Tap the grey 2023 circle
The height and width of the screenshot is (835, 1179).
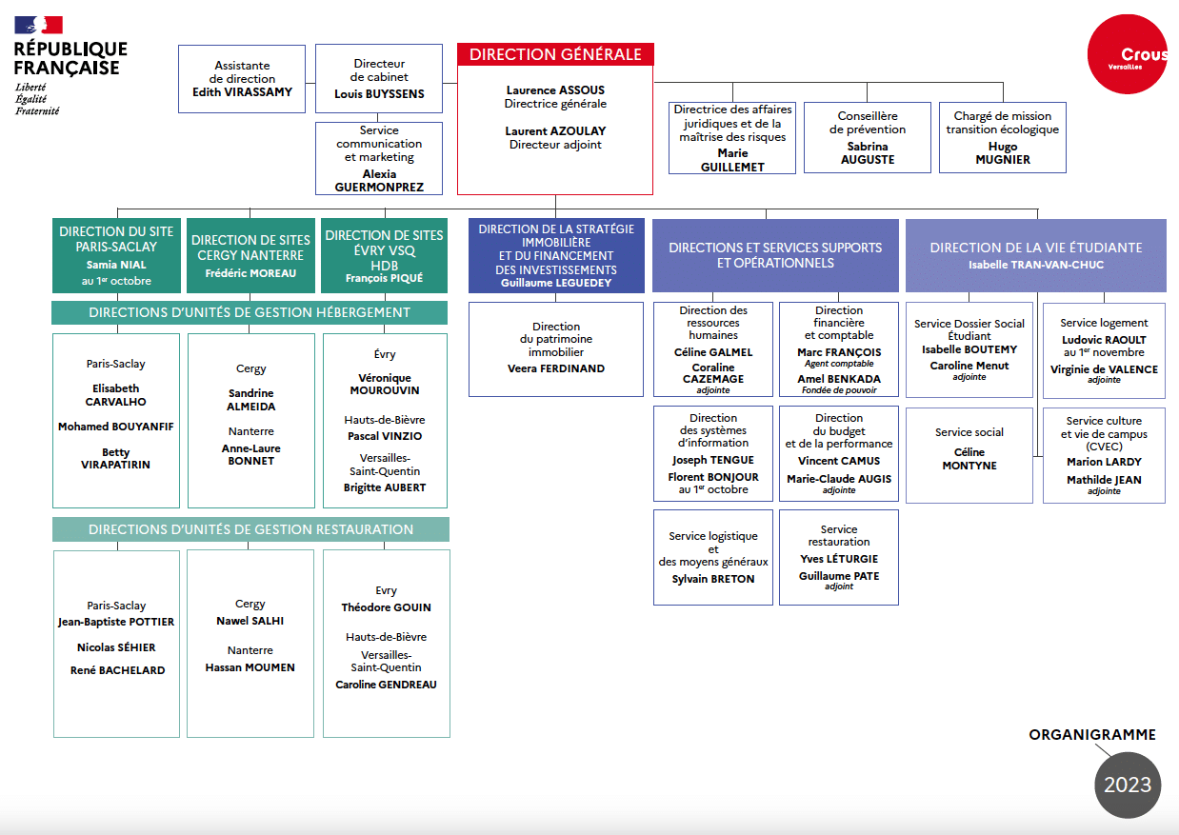[1128, 785]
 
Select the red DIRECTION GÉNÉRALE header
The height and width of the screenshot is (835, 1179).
[555, 54]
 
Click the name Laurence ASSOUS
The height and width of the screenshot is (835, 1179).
[555, 90]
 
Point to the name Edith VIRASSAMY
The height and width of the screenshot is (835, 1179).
[242, 92]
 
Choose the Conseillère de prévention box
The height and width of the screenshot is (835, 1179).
[868, 137]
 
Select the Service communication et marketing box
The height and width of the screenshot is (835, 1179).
[379, 158]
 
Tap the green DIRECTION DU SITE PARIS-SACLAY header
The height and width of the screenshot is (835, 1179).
[117, 255]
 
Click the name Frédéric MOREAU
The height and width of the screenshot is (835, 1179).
[250, 273]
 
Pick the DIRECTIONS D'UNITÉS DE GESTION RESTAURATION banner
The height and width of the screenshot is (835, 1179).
[250, 529]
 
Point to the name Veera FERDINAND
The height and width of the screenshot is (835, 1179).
[556, 368]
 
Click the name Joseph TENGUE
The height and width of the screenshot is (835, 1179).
[712, 460]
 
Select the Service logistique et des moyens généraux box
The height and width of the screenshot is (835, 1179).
[713, 557]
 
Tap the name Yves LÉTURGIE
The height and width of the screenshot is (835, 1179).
[838, 559]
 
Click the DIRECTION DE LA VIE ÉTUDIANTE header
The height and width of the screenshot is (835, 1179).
[1035, 248]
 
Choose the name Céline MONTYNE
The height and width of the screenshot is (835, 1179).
[969, 459]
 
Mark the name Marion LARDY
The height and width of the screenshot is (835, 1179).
[1104, 462]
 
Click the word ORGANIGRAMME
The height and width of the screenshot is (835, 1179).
[1092, 734]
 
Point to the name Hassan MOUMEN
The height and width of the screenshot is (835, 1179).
[250, 667]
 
